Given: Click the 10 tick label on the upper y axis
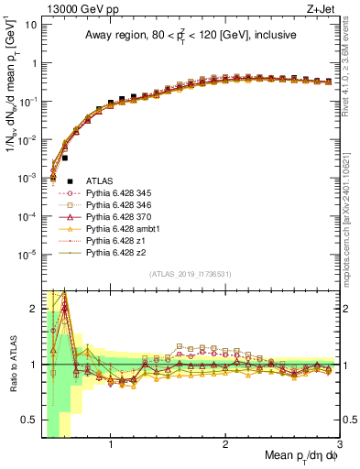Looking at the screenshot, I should [29, 25].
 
